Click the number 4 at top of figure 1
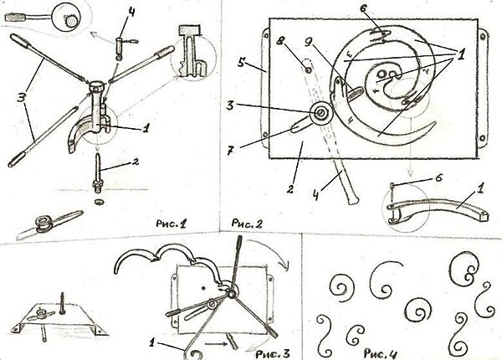[x=132, y=11]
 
